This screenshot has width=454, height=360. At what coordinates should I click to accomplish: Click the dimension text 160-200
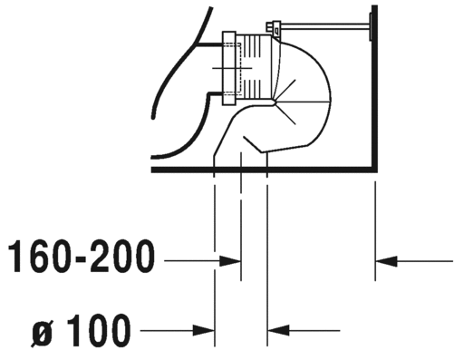click(81, 257)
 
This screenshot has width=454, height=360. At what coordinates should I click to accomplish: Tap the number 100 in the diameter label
click(98, 330)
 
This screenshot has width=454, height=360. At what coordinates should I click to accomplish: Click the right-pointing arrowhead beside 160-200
click(230, 261)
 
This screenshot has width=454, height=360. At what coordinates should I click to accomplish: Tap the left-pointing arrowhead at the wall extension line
click(386, 261)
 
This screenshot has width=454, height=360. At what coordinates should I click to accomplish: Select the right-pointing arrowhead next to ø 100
click(204, 330)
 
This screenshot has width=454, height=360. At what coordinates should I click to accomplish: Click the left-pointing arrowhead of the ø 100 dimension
click(278, 330)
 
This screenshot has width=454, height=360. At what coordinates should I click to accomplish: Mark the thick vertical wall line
click(374, 88)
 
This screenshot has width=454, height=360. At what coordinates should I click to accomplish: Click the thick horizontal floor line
click(265, 170)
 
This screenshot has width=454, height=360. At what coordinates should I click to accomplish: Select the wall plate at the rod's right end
click(371, 26)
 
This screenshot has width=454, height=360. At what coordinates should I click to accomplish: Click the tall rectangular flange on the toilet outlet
click(229, 68)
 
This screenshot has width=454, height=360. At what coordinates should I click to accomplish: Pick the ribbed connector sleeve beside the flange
click(253, 67)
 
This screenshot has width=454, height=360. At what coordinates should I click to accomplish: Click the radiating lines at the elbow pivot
click(285, 102)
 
